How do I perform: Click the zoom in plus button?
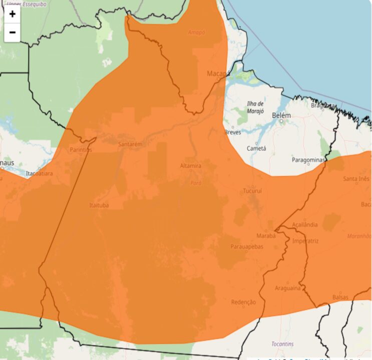12,14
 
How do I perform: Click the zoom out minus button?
12,32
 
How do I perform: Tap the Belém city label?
281,115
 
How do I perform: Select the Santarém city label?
130,144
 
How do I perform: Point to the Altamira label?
191,165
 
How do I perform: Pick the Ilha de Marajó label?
255,107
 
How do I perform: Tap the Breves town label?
232,132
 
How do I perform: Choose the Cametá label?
256,148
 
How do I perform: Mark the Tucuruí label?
252,191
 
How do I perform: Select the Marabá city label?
266,235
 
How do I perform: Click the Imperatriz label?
305,240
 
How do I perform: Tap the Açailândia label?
304,224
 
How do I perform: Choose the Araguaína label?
288,288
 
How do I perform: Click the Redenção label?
243,302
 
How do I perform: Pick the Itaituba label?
99,205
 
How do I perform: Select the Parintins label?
81,149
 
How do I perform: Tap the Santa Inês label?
356,178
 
